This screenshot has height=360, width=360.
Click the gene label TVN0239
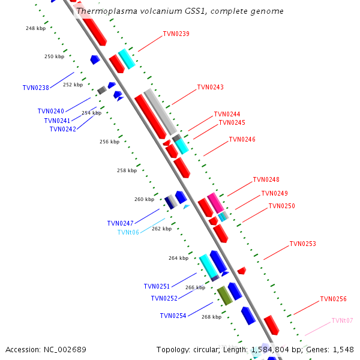click(176, 34)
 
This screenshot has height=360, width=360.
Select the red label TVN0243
click(210, 88)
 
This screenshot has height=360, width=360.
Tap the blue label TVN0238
click(35, 88)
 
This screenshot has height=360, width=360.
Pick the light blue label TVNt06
click(128, 232)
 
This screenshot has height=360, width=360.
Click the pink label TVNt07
click(342, 321)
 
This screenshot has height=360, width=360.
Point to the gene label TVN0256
click(333, 299)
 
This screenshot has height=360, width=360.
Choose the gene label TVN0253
click(302, 244)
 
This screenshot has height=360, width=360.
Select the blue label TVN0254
click(173, 316)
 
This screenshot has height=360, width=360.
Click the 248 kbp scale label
click(35, 28)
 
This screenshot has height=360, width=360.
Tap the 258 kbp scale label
click(127, 170)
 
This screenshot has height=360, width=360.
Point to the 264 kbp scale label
click(178, 258)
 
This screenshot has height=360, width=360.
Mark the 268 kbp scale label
click(211, 317)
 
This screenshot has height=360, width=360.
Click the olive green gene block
click(224, 295)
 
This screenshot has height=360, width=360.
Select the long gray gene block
click(160, 112)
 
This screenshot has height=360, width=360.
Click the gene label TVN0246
click(242, 139)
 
